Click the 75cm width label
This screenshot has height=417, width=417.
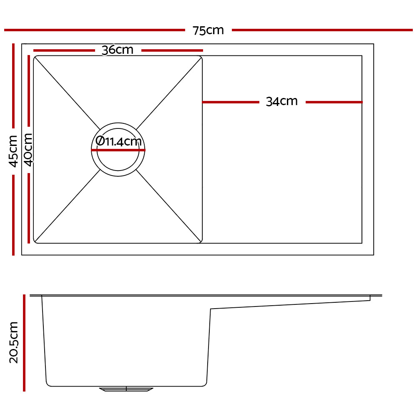click(x=208, y=30)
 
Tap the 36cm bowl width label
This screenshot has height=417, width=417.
click(x=118, y=50)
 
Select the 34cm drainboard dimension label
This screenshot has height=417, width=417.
click(x=282, y=101)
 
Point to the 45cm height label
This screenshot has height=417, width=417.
click(x=13, y=151)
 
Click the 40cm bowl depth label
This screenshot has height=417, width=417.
click(x=28, y=149)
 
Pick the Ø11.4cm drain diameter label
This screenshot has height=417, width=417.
click(x=119, y=141)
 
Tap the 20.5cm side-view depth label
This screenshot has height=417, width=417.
click(x=14, y=342)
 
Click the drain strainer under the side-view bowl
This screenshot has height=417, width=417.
click(x=126, y=389)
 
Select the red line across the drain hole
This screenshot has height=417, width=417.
click(x=118, y=150)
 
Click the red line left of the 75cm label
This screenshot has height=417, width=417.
click(x=94, y=30)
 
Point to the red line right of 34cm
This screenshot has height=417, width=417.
click(x=334, y=102)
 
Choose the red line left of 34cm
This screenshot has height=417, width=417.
click(x=231, y=102)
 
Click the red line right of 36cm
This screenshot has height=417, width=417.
click(x=172, y=50)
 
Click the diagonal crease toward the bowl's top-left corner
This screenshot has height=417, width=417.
click(x=67, y=91)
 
